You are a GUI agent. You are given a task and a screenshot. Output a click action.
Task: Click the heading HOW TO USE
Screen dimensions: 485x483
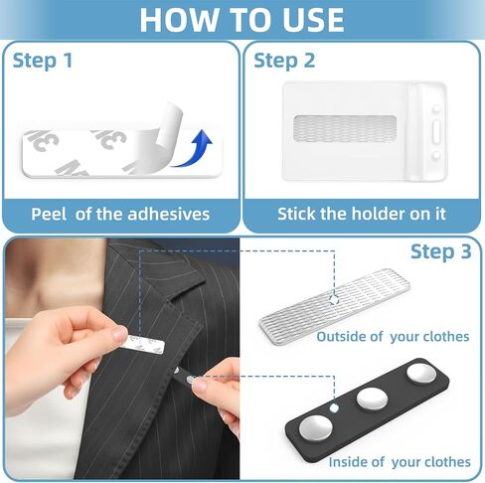click(x=242, y=20)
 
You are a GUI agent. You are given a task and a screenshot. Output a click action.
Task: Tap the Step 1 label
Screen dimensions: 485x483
click(x=43, y=61)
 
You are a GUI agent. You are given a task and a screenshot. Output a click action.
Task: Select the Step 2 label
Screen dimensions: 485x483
click(x=284, y=61)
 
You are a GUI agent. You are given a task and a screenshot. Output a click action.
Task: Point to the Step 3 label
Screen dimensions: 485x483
click(x=440, y=251)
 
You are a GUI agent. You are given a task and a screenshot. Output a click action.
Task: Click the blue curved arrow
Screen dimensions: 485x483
click(x=196, y=149)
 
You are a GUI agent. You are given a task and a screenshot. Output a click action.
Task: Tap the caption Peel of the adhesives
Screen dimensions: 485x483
click(x=120, y=214)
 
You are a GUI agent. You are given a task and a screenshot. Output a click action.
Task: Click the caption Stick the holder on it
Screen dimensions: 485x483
click(x=362, y=214)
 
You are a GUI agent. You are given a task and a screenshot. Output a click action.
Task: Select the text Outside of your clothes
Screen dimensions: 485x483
click(x=393, y=337)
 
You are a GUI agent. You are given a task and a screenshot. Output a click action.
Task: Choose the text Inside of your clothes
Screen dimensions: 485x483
click(x=400, y=462)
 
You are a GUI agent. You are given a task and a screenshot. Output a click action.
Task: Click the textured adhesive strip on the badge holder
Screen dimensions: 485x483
click(x=345, y=128)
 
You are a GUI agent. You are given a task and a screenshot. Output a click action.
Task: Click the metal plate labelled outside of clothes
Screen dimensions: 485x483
click(x=335, y=306)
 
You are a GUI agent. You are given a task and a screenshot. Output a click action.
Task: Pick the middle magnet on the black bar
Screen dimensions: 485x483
click(x=372, y=399)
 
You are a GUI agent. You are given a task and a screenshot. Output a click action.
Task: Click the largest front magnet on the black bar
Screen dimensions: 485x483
click(x=316, y=428)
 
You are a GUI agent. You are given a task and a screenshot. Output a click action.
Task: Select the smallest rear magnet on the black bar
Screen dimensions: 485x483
click(x=421, y=374)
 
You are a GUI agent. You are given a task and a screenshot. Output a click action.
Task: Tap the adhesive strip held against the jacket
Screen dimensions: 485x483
click(x=143, y=344)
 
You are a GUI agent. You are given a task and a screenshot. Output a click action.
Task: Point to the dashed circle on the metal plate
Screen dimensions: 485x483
click(x=334, y=300)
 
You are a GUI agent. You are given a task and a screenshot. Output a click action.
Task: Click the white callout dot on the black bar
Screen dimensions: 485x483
click(x=334, y=407)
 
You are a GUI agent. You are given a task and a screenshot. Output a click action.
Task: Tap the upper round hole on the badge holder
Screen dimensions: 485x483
click(x=436, y=108)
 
